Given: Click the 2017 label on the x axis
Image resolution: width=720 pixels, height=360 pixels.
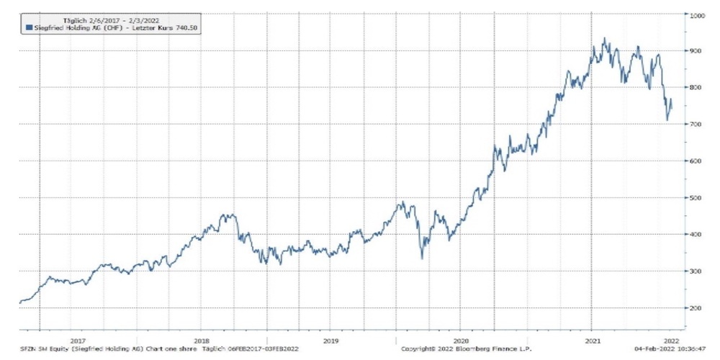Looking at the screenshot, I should [78, 341].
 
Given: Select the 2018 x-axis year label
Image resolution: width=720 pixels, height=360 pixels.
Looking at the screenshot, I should [202, 341].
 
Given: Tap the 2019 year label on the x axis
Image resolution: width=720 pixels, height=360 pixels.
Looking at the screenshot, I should [330, 341].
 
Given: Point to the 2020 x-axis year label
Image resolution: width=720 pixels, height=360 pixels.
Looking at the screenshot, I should [461, 341].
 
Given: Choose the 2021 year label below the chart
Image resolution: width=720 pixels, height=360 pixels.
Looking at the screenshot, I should [592, 341].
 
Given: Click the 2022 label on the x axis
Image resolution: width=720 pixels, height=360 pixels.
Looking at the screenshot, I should [670, 341].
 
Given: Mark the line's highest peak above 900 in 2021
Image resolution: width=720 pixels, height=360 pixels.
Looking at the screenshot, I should [604, 39].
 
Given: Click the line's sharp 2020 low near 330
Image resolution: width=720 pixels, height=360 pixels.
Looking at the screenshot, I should [422, 258].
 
